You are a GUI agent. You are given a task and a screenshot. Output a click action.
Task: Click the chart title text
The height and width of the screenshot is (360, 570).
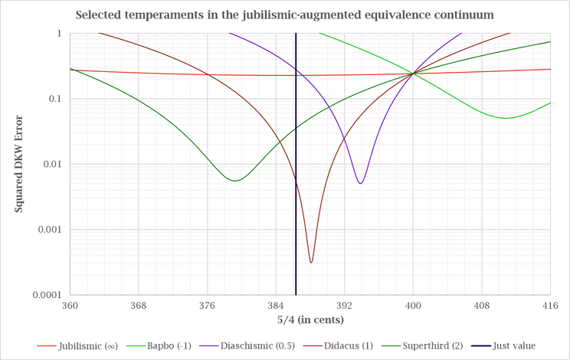(285, 15)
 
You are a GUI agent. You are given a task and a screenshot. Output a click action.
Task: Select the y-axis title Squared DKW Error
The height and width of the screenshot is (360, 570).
(18, 164)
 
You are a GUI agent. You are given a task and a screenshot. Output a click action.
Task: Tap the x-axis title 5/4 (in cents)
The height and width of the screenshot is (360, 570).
(310, 320)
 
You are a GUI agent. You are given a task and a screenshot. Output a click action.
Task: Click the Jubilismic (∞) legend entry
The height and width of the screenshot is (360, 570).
(77, 346)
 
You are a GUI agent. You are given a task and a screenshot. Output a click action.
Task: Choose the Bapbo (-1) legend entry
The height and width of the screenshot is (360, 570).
(159, 346)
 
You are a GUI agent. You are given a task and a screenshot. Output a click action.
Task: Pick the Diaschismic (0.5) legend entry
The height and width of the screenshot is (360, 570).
(247, 346)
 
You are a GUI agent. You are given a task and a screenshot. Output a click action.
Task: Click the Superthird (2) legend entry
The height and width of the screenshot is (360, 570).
(422, 346)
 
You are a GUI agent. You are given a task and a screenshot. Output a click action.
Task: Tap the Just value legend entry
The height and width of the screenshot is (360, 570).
(503, 346)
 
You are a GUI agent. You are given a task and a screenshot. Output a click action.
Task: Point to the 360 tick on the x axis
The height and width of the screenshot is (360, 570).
(70, 306)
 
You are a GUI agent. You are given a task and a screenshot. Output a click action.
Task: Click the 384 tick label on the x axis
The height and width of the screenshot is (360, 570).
(276, 306)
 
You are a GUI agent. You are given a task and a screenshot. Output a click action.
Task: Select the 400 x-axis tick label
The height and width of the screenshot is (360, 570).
(413, 306)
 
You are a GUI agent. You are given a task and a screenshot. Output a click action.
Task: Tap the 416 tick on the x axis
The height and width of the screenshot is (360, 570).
(550, 306)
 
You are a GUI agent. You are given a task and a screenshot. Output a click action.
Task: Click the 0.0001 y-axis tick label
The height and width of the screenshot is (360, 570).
(47, 295)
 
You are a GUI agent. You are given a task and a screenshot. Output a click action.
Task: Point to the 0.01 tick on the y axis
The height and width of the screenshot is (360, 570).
(52, 164)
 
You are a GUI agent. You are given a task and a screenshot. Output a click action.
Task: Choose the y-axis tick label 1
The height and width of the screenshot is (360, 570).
(59, 34)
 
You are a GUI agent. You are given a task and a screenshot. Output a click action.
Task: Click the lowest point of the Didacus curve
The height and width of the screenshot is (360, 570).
(311, 262)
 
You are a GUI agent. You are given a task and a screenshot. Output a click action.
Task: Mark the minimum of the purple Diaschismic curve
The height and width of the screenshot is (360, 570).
(360, 183)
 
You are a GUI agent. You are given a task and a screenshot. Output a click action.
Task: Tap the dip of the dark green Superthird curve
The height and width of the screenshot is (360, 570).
(235, 181)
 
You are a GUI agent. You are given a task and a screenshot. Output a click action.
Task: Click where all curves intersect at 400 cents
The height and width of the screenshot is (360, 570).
(413, 74)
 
